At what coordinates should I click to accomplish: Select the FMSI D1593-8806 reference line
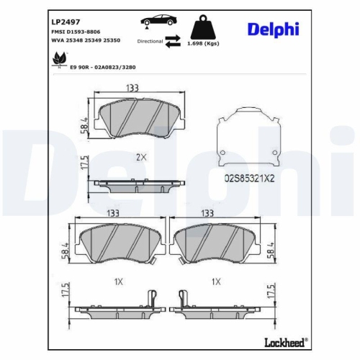(77, 28)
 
